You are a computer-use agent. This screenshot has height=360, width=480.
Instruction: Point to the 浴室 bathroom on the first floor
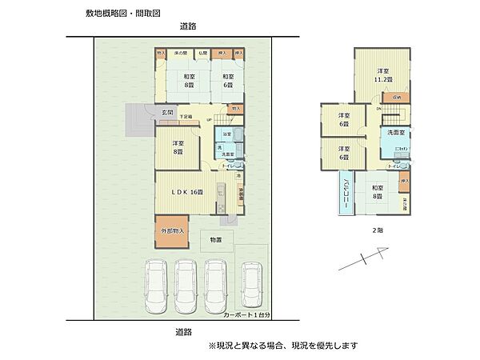[x=227, y=134]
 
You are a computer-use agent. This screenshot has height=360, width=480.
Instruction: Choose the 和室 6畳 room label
[x=228, y=80]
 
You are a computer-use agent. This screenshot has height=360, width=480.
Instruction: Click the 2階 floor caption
[x=376, y=229]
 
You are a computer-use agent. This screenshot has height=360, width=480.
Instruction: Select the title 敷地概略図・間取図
[x=122, y=14]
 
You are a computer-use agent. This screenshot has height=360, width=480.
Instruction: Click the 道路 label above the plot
[x=189, y=27]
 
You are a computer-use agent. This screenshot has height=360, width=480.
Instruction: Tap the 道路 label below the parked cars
[x=184, y=331]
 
